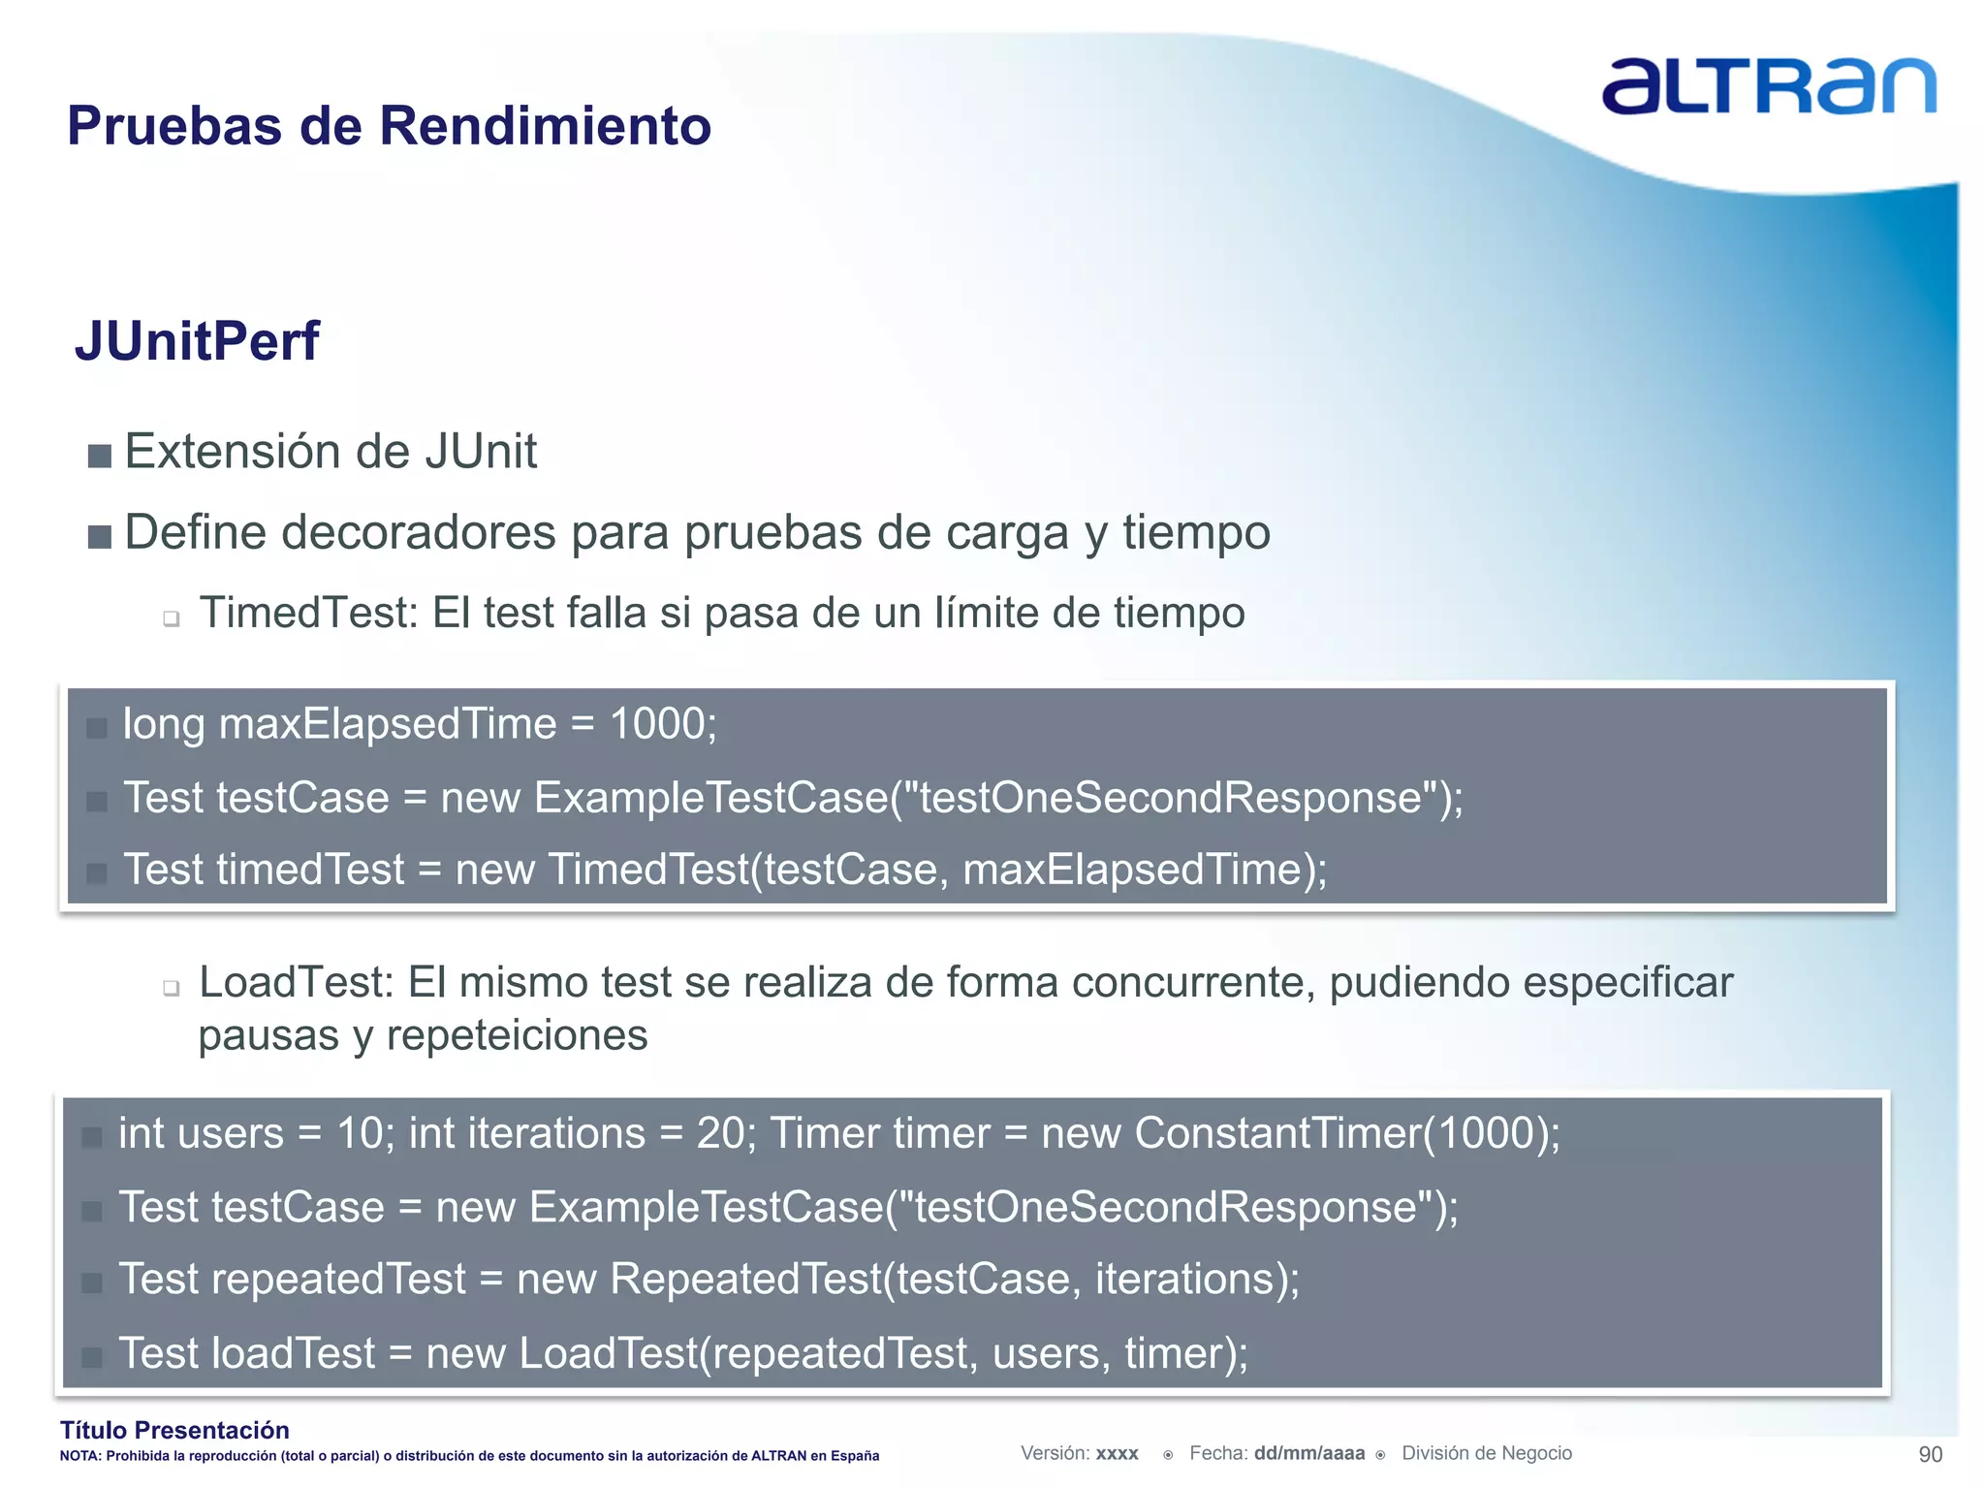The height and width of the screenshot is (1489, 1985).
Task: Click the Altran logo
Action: pyautogui.click(x=1768, y=87)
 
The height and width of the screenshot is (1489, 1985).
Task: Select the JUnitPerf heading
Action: pyautogui.click(x=197, y=341)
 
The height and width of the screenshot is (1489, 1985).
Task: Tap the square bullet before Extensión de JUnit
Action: pyautogui.click(x=99, y=456)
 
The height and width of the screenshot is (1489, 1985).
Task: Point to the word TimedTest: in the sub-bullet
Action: pyautogui.click(x=308, y=614)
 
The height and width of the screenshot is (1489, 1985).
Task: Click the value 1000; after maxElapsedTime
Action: pyautogui.click(x=663, y=724)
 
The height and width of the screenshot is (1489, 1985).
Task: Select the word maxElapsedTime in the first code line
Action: pyautogui.click(x=388, y=724)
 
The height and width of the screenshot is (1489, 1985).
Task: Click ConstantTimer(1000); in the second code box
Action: pyautogui.click(x=1347, y=1133)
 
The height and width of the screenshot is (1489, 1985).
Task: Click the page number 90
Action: pyautogui.click(x=1930, y=1454)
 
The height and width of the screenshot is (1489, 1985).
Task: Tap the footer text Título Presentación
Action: pyautogui.click(x=174, y=1430)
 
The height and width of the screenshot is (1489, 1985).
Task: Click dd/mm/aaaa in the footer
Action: pyautogui.click(x=1308, y=1453)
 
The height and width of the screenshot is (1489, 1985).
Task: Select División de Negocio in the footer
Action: pyautogui.click(x=1486, y=1453)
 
